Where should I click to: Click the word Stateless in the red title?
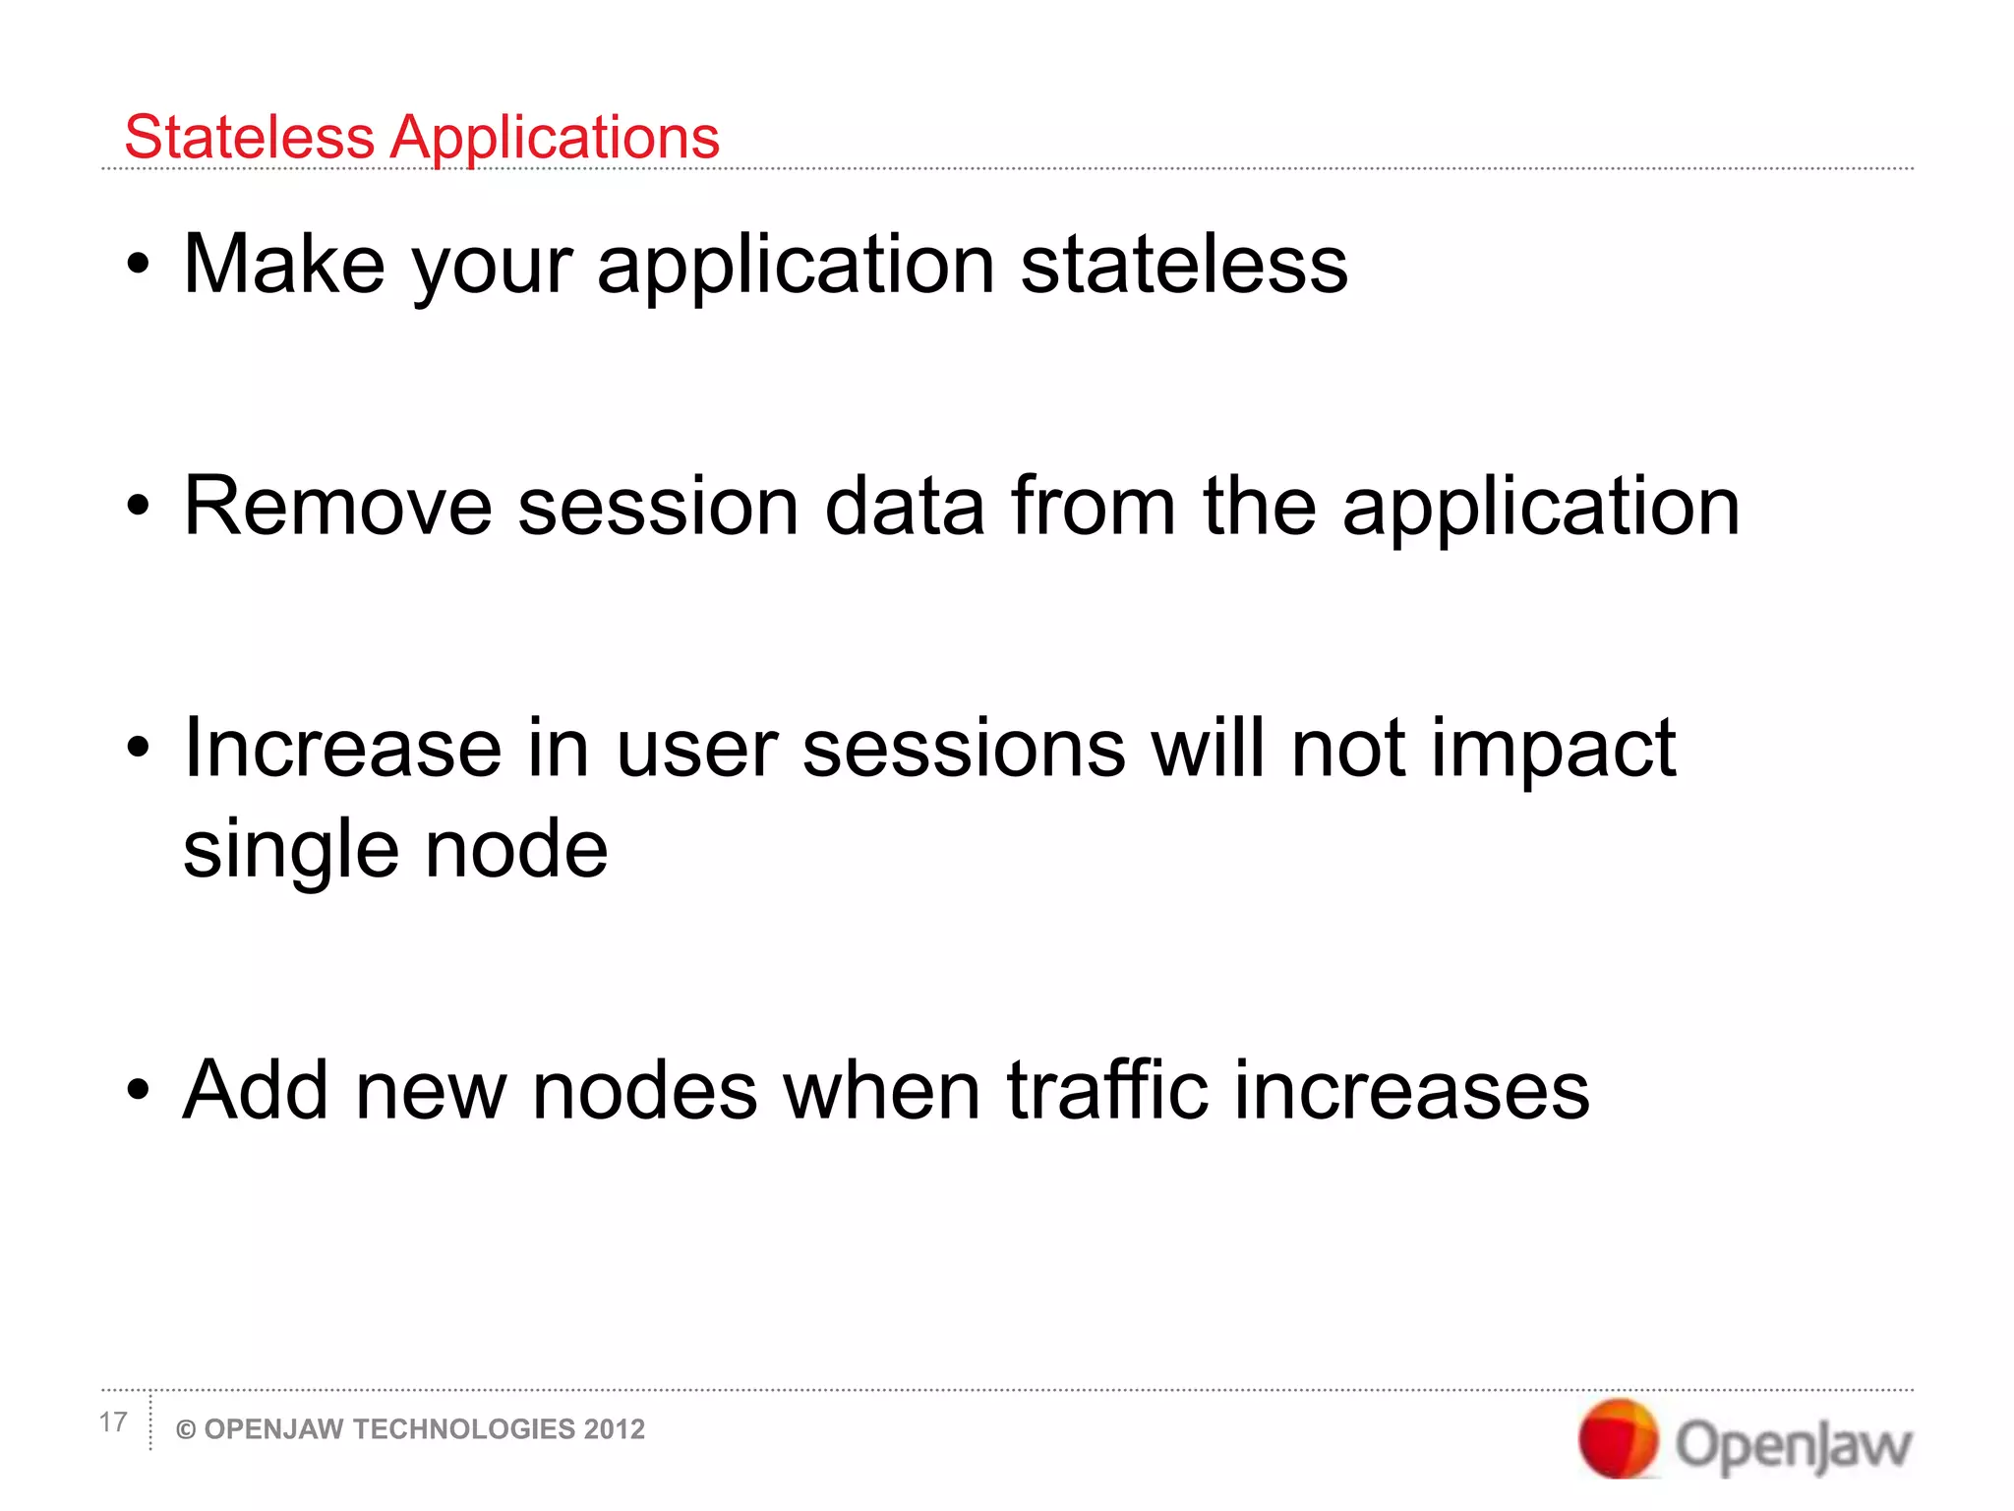coord(249,137)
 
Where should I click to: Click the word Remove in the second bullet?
coord(337,507)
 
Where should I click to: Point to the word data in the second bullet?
coord(904,507)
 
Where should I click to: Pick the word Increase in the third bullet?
coord(342,749)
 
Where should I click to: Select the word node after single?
coord(516,849)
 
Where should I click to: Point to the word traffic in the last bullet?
coord(1106,1091)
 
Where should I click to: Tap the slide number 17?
coord(113,1421)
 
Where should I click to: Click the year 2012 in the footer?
coord(614,1429)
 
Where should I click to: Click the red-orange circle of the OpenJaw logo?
coord(1618,1438)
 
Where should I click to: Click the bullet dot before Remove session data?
coord(139,507)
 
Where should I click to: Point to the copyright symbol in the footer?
coord(185,1430)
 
